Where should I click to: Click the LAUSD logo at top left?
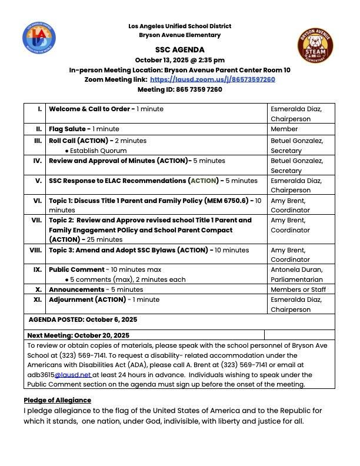[39, 38]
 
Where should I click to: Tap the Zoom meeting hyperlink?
[212, 79]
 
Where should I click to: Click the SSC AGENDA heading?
[180, 50]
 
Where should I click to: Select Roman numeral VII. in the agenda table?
[36, 220]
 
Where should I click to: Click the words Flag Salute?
[68, 129]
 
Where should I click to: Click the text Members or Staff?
[298, 289]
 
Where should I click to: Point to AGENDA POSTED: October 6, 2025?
[83, 319]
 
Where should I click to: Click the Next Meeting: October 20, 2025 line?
[78, 335]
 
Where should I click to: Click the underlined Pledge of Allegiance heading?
[57, 400]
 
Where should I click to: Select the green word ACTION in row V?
[204, 181]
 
